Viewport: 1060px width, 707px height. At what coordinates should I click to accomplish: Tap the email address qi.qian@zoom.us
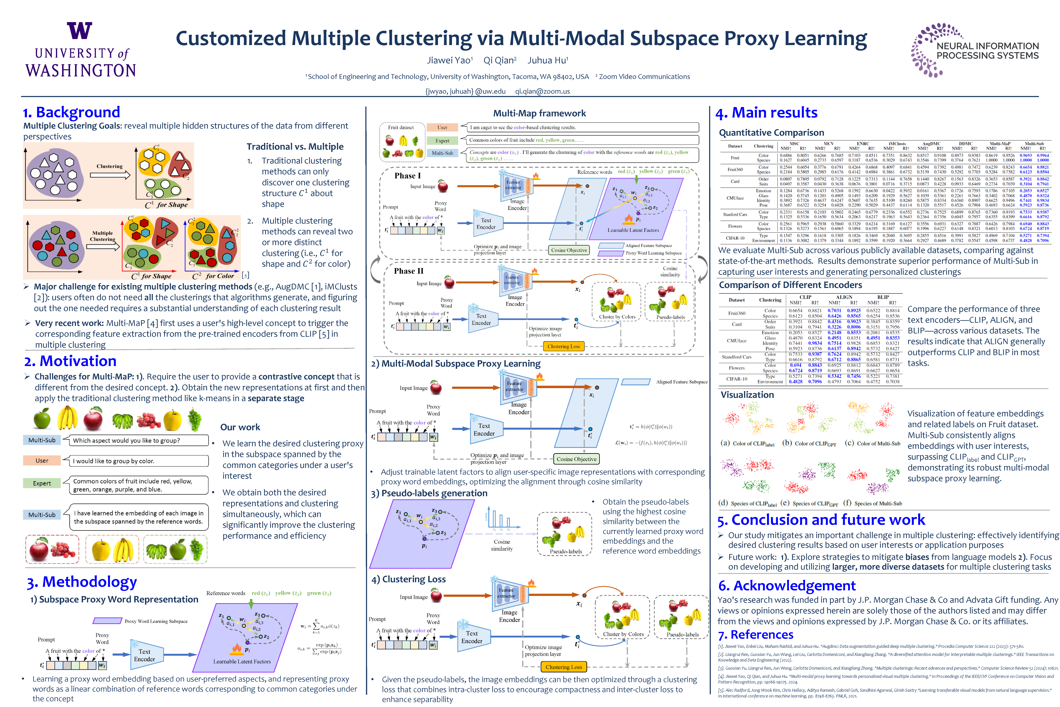pyautogui.click(x=542, y=91)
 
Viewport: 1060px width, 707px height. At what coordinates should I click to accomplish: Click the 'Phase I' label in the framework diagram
pyautogui.click(x=407, y=176)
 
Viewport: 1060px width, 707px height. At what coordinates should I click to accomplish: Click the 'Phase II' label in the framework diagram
pyautogui.click(x=408, y=271)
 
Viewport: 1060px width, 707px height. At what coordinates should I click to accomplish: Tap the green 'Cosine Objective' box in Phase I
pyautogui.click(x=569, y=250)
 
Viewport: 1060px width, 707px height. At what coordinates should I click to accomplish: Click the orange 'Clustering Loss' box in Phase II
pyautogui.click(x=563, y=346)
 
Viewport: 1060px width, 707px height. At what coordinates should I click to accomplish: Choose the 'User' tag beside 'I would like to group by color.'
pyautogui.click(x=42, y=461)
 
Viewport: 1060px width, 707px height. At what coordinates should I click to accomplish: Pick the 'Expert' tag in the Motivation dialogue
pyautogui.click(x=42, y=483)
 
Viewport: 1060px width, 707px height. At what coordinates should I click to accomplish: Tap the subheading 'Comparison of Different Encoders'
pyautogui.click(x=790, y=285)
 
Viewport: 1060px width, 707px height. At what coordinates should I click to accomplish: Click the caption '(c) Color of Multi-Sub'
pyautogui.click(x=873, y=444)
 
